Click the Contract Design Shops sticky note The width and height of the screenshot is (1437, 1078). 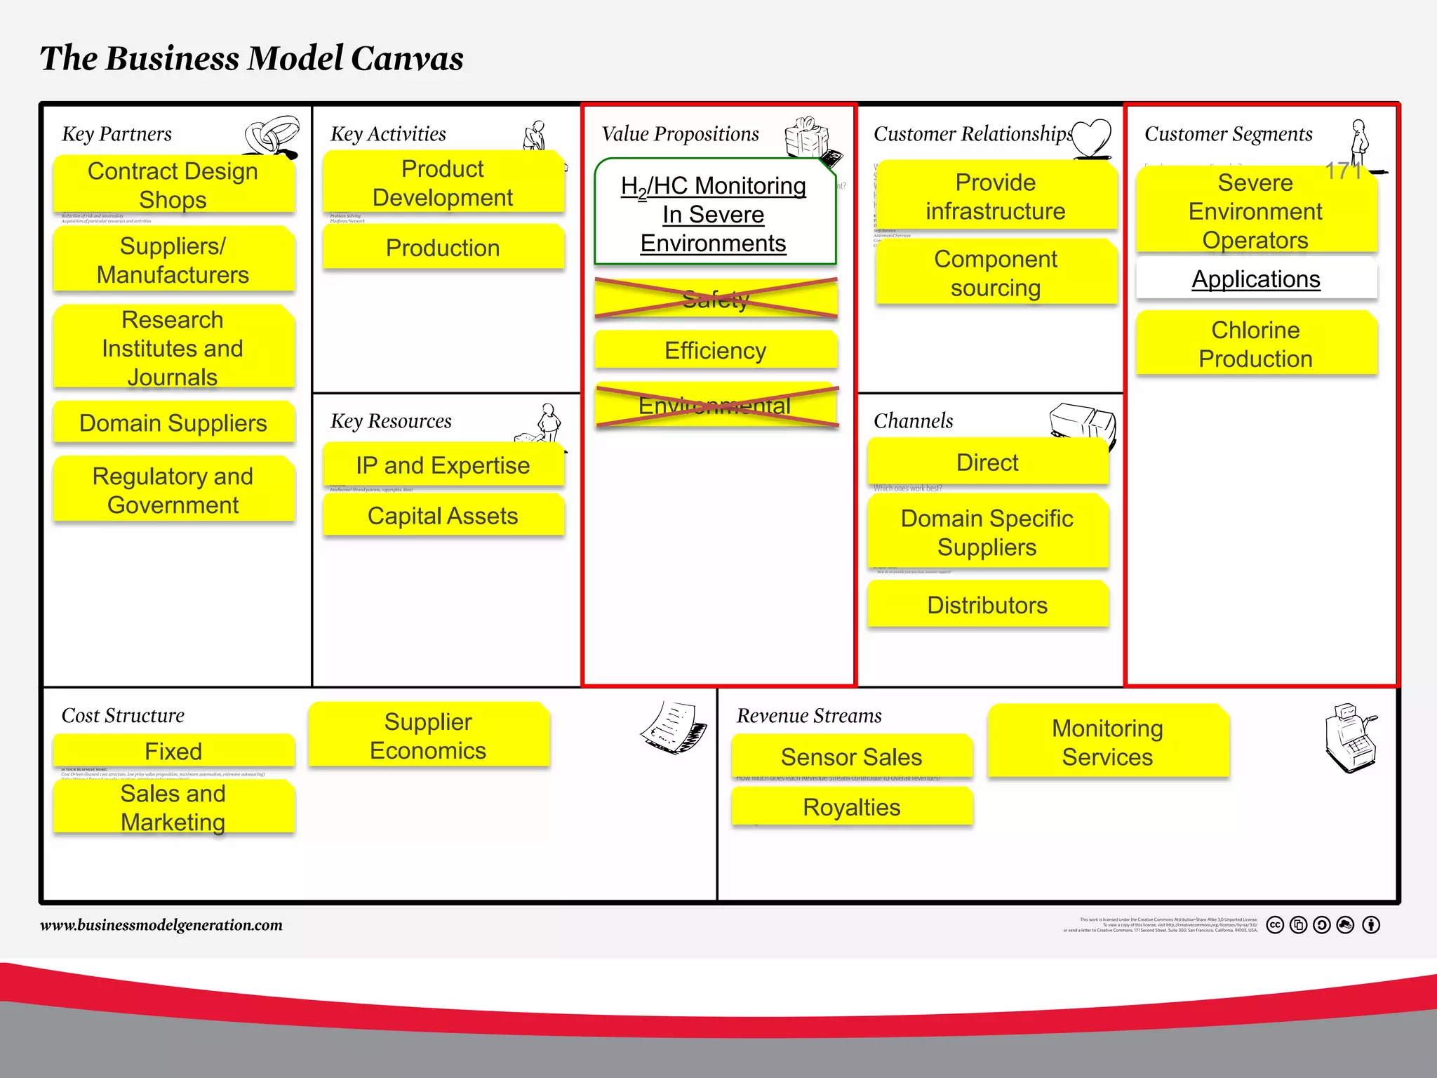173,185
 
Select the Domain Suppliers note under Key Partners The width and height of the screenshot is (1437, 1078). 173,422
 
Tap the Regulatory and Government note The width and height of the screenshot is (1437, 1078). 173,490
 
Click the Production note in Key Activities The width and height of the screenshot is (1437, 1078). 443,247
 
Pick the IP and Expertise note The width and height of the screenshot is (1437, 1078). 443,465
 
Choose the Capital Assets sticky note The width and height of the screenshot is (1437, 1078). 443,516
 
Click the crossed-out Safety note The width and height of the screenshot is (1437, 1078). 716,299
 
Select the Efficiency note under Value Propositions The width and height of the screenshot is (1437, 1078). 716,350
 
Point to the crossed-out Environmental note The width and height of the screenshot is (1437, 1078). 716,406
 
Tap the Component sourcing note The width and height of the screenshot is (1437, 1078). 996,273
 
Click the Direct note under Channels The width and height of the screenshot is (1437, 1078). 987,463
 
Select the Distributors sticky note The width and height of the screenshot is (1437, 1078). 987,604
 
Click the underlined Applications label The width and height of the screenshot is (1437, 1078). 1256,279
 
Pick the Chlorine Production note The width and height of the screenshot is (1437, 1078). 1256,344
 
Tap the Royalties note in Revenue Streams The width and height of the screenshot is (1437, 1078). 852,806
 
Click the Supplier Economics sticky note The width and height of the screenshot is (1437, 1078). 428,736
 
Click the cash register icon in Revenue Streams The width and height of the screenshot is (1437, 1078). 1351,738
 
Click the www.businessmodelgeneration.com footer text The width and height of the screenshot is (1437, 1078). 161,925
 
